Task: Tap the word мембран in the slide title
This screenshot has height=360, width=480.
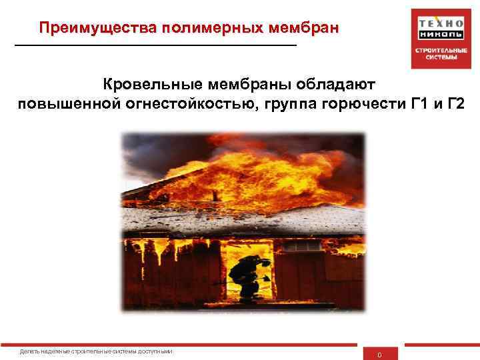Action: click(303, 29)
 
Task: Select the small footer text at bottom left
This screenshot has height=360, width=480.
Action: click(96, 351)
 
